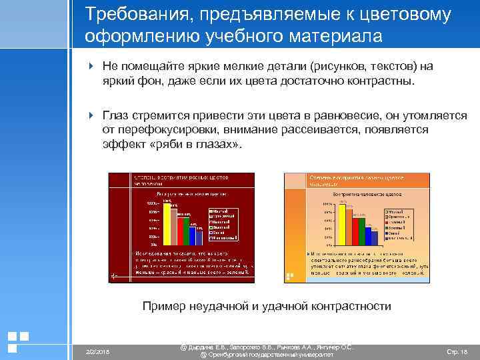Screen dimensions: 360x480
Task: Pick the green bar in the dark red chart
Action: pyautogui.click(x=191, y=233)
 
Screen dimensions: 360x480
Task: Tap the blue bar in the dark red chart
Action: pyautogui.click(x=199, y=236)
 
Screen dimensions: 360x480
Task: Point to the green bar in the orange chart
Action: pyautogui.click(x=361, y=234)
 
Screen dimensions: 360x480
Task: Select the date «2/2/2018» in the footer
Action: pyautogui.click(x=98, y=351)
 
